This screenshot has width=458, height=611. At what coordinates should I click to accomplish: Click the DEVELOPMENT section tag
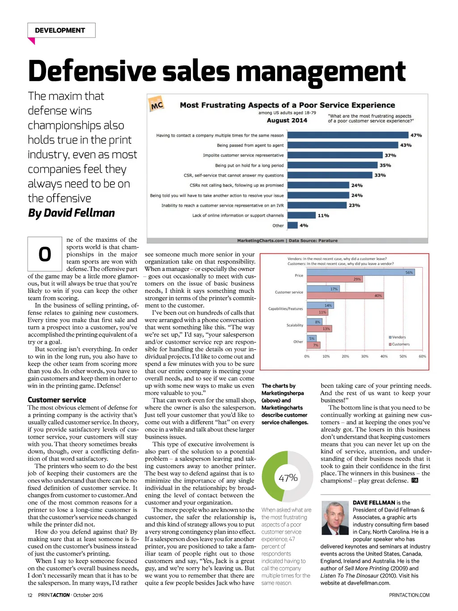[x=60, y=30]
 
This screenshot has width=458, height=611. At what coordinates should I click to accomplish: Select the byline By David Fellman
[x=72, y=213]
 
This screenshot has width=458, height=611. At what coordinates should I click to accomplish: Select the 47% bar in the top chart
[x=348, y=135]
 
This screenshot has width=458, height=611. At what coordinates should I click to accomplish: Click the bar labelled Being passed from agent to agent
[x=343, y=145]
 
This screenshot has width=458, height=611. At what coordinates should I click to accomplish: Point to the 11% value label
[x=323, y=215]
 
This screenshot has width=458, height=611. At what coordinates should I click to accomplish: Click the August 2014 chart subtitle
[x=287, y=120]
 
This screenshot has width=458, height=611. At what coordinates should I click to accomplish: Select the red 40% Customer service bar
[x=345, y=295]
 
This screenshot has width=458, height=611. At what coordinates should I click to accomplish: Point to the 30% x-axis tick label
[x=365, y=356]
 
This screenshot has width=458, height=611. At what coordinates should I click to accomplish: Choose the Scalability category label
[x=295, y=325]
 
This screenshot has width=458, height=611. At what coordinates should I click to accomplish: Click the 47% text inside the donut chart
[x=288, y=478]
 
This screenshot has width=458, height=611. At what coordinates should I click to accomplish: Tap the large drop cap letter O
[x=45, y=254]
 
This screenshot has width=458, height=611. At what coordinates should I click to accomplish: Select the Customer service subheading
[x=57, y=400]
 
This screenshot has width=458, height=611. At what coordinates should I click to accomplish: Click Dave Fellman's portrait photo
[x=335, y=518]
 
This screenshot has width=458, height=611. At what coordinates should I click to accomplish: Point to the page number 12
[x=30, y=595]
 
